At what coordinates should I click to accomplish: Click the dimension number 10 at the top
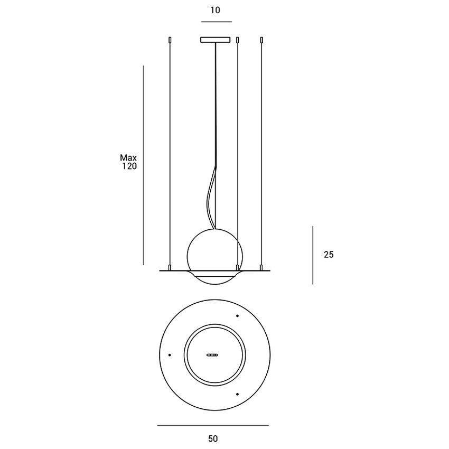(x=216, y=10)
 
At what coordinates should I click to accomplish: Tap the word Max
(x=128, y=157)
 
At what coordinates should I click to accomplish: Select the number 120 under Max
(x=129, y=166)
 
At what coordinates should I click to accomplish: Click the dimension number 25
(x=329, y=255)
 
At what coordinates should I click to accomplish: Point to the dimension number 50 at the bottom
(x=213, y=438)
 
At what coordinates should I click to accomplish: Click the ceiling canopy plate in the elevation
(x=216, y=40)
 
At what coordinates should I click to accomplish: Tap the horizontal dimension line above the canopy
(x=216, y=22)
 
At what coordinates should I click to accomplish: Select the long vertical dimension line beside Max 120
(x=144, y=164)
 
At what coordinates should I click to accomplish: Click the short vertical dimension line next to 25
(x=313, y=255)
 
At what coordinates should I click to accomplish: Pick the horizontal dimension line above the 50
(x=213, y=425)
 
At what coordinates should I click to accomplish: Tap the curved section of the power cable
(x=210, y=195)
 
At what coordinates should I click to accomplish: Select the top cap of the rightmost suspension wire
(x=261, y=39)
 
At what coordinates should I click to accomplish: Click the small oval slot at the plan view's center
(x=213, y=354)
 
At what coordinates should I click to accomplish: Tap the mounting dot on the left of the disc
(x=170, y=354)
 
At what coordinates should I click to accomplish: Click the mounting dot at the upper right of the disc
(x=237, y=316)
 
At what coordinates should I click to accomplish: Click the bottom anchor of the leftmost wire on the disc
(x=169, y=267)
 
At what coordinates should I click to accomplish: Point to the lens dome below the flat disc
(x=216, y=278)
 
